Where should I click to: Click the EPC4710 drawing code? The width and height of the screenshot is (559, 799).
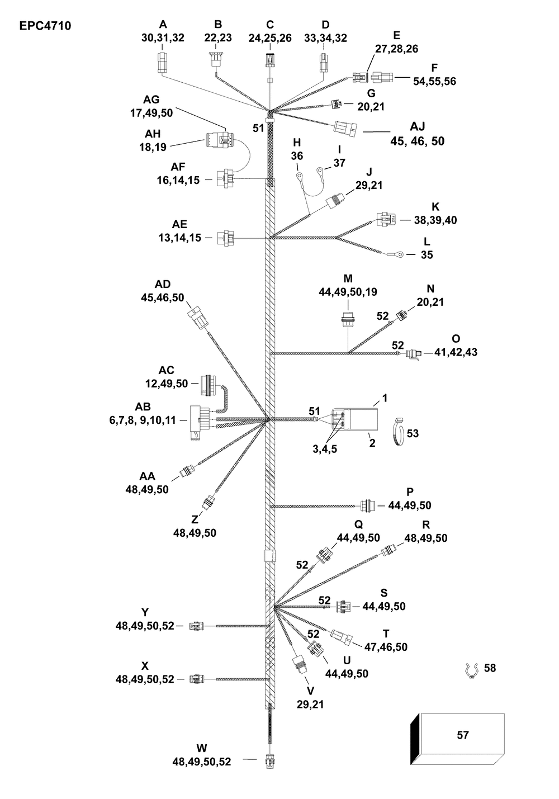[45, 26]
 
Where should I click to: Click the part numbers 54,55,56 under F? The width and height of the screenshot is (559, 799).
[434, 82]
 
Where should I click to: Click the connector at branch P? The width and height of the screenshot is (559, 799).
[368, 506]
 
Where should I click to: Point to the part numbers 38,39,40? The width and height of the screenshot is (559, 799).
[435, 220]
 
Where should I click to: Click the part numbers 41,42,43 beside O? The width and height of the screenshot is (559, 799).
[456, 353]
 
